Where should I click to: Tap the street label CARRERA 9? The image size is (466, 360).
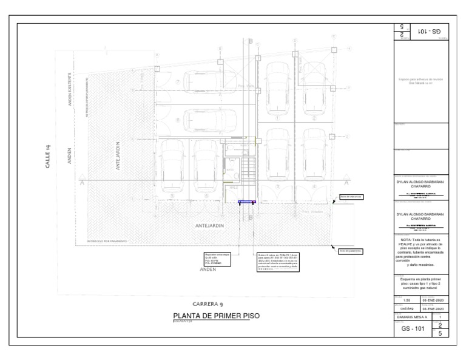pos(210,304)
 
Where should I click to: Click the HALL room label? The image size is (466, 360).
pos(233,189)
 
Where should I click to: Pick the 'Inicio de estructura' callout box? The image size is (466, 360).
pos(350,197)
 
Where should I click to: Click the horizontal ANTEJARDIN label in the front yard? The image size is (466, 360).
pos(210,226)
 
